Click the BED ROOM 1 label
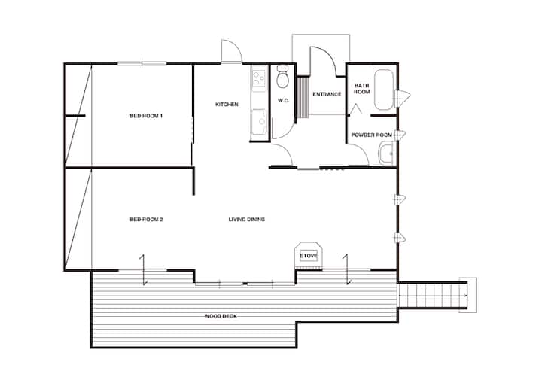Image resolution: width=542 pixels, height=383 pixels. pos(146,116)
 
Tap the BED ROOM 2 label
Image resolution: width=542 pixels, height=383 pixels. pos(146,220)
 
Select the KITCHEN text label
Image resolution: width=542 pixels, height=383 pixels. pos(227,105)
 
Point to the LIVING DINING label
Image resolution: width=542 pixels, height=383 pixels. pos(247,220)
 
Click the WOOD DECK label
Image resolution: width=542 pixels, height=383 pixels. pos(221,316)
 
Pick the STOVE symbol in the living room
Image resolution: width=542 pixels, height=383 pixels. pos(309,256)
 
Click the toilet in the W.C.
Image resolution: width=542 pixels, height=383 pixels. pos(283,78)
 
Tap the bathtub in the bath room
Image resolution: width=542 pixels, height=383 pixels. pos(384,90)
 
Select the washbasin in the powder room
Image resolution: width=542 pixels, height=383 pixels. pos(387,154)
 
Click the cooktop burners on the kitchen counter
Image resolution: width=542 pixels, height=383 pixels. pos(258,78)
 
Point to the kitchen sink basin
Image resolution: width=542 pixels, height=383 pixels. pos(259,121)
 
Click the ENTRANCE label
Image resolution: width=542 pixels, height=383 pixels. pos(327,94)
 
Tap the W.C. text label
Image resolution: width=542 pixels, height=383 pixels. pos(284,101)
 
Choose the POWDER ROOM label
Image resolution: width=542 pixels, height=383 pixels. pos(372,135)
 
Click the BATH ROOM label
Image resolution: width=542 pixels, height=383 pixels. pos(362,89)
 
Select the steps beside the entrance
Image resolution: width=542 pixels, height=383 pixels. pos(303,98)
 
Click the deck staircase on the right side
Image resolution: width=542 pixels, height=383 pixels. pos(433,295)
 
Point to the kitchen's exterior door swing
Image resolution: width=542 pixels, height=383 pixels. pos(232,51)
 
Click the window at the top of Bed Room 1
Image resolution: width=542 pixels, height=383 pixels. pos(142,63)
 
